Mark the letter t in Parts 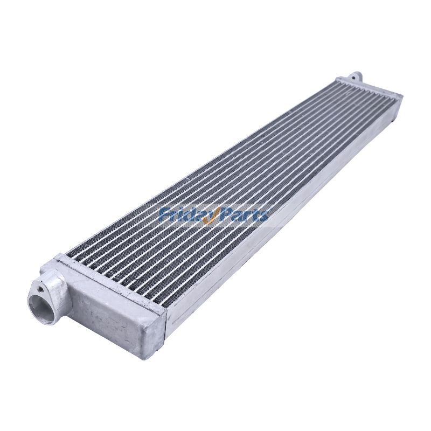[x=255, y=215]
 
